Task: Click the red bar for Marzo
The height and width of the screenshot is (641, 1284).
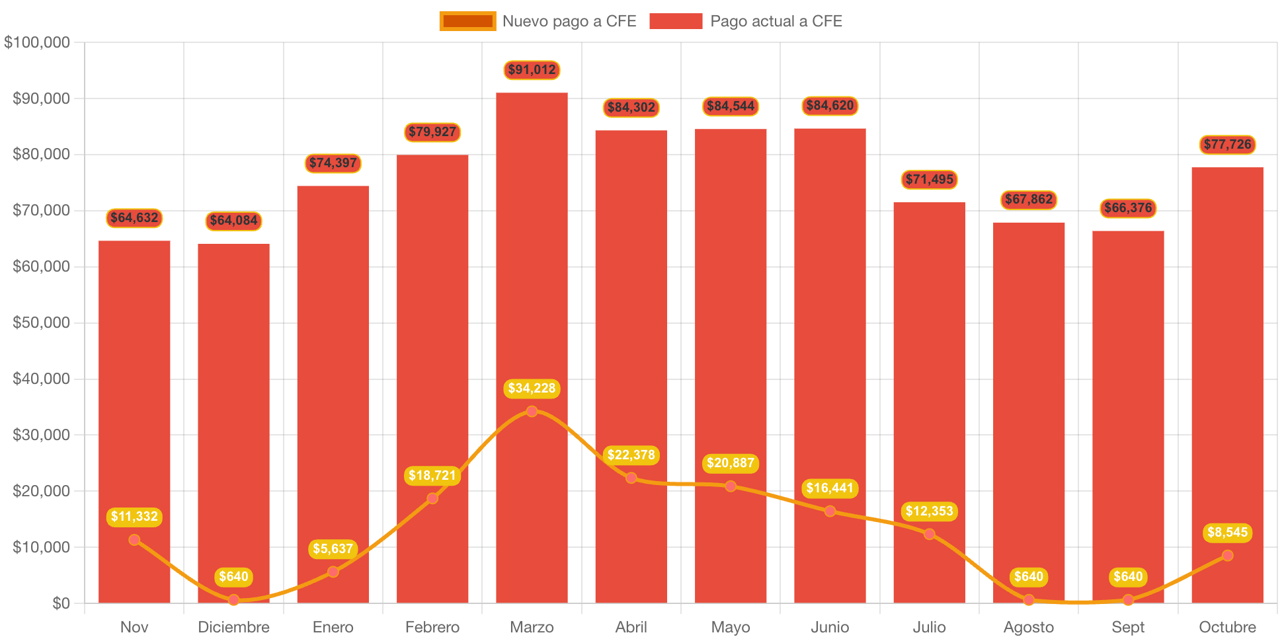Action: [532, 264]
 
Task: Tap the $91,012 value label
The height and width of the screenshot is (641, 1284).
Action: [532, 70]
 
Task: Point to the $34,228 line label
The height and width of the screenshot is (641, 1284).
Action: [532, 389]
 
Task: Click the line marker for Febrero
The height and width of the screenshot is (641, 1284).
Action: [432, 498]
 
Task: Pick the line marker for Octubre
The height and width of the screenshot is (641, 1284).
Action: [1227, 556]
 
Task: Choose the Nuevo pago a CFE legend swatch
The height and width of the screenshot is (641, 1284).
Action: [467, 21]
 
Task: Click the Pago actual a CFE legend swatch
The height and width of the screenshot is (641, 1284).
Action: [676, 21]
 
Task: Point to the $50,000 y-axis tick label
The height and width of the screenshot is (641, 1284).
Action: [41, 322]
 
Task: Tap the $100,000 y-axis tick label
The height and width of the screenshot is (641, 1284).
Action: [37, 42]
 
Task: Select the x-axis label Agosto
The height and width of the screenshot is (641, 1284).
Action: [1028, 627]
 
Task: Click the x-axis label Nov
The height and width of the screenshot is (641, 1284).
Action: [134, 627]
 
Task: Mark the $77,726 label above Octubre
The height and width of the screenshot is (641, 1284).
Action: [1227, 145]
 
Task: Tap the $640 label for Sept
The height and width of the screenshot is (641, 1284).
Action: [1128, 577]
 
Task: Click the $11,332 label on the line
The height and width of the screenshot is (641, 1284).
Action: [134, 517]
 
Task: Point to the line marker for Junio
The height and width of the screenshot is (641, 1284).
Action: [830, 511]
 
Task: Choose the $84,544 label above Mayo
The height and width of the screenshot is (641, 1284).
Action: [731, 106]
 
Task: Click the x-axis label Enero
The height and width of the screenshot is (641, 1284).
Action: [333, 627]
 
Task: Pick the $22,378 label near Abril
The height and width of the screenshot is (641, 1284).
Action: [631, 455]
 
